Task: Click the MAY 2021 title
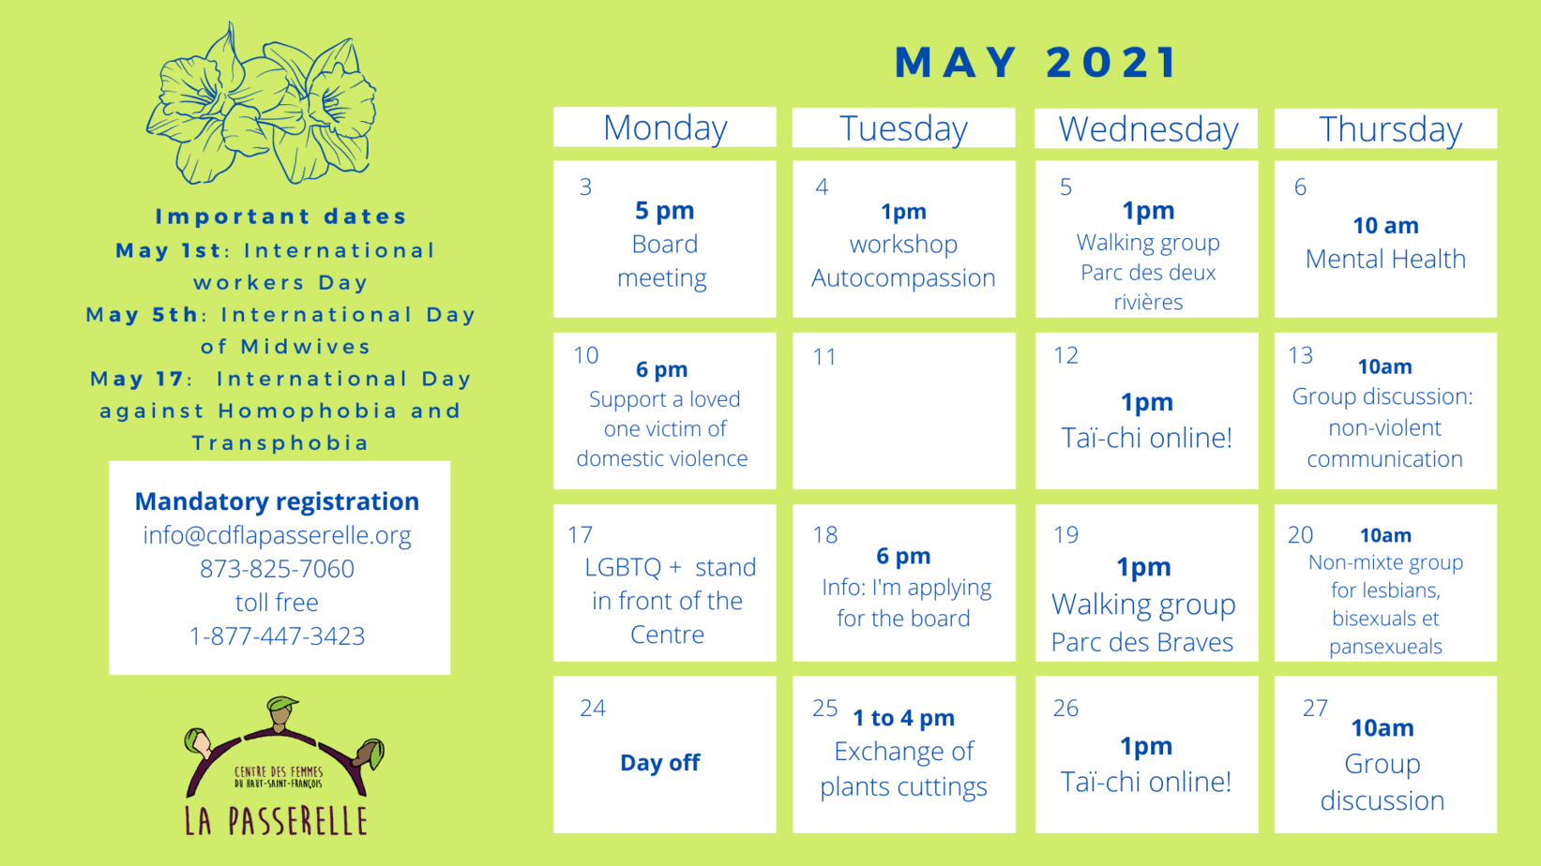click(x=1036, y=62)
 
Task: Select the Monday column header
click(x=665, y=127)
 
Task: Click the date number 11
click(x=824, y=357)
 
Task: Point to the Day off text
click(x=659, y=762)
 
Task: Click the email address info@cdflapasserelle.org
click(x=278, y=535)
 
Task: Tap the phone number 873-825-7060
click(x=278, y=568)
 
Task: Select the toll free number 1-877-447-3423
click(x=278, y=635)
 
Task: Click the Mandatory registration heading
click(x=278, y=501)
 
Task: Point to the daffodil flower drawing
click(x=262, y=103)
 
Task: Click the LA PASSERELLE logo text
click(x=276, y=821)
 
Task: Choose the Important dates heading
click(x=281, y=216)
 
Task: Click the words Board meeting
click(x=663, y=261)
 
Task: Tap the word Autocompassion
click(x=903, y=277)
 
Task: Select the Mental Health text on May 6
click(x=1385, y=259)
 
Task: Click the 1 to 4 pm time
click(x=904, y=718)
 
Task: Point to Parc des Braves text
click(x=1142, y=642)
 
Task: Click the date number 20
click(x=1300, y=535)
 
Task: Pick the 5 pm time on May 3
click(x=665, y=210)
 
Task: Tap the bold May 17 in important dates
click(x=137, y=379)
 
